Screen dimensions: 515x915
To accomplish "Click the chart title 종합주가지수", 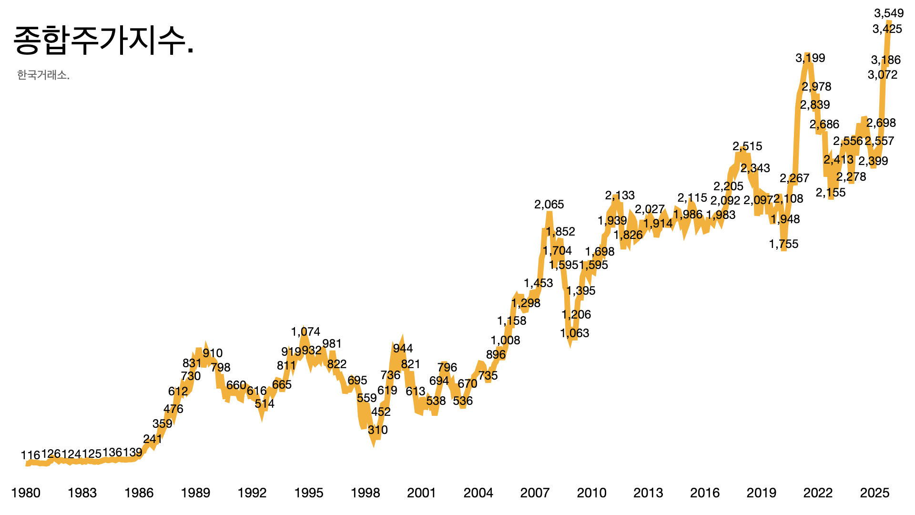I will (103, 41).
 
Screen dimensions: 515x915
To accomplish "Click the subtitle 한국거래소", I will (43, 75).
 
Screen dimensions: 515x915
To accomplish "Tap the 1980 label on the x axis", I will (26, 493).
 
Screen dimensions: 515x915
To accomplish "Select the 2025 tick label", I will (874, 493).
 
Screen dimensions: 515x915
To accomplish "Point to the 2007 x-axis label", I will (535, 493).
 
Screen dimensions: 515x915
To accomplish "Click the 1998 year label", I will (365, 493).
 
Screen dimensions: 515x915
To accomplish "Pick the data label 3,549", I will (889, 13).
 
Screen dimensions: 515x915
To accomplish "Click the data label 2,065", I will (549, 205).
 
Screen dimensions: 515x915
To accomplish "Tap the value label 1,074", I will (305, 331).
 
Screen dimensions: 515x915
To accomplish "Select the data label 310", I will (377, 430).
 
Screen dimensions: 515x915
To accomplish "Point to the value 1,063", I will (575, 333).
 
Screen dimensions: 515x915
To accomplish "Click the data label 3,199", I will (810, 58).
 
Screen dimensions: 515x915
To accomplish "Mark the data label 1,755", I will (783, 244).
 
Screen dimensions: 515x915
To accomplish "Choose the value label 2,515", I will (747, 146).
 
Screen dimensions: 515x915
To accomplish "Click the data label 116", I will (30, 455).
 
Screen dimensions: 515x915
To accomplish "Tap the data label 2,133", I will (620, 196).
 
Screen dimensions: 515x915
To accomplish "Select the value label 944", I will (403, 349).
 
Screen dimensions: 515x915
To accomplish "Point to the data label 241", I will (152, 439).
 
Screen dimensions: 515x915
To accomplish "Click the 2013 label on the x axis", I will (648, 493).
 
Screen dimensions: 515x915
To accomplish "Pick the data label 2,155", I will (831, 193).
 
